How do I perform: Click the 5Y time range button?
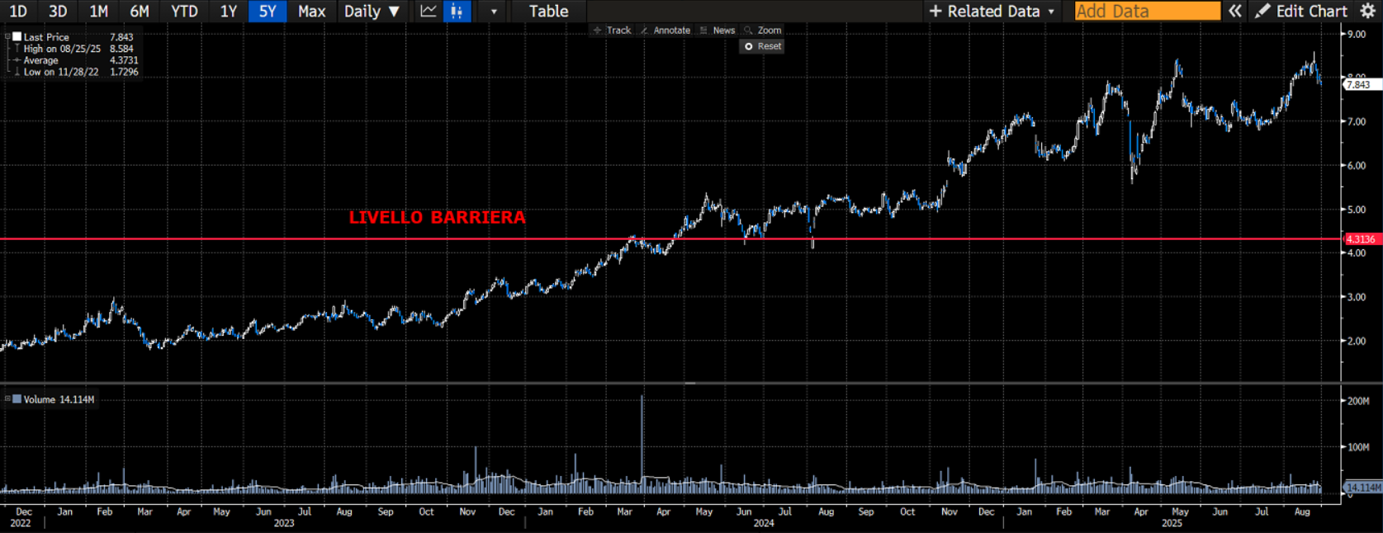(267, 12)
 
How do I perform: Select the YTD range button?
(183, 12)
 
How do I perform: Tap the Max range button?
(311, 12)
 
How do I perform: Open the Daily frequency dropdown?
(372, 12)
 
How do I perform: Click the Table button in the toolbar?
(548, 12)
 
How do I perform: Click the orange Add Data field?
(1147, 12)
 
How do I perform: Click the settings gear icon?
(1367, 12)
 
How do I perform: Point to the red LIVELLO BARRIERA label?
(437, 218)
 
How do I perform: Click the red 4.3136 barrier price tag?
(1361, 239)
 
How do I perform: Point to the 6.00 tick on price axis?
(1357, 166)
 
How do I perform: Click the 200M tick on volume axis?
(1358, 401)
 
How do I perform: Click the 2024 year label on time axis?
(764, 523)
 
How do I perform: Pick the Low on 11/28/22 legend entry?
(61, 73)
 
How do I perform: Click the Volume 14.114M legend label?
(58, 399)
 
